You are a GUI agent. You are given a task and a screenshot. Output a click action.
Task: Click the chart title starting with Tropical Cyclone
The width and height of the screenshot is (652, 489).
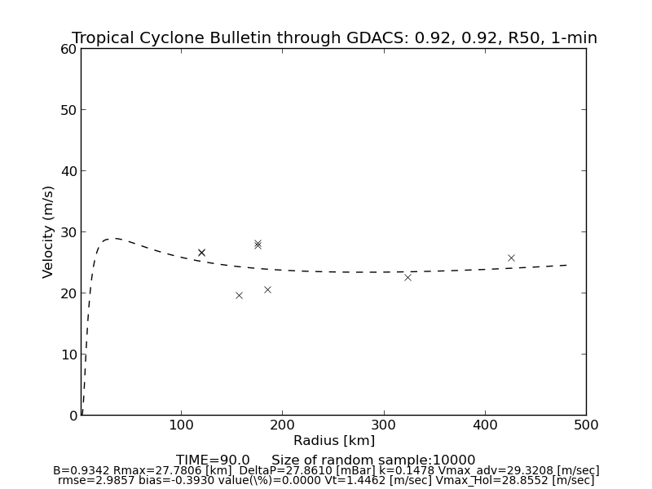(x=334, y=38)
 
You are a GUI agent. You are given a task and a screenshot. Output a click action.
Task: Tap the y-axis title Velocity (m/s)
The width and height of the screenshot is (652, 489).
(x=49, y=231)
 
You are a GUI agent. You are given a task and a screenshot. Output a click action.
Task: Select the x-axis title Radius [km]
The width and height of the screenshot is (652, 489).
(x=334, y=441)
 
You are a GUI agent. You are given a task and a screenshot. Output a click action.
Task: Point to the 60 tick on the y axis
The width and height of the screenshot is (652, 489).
(x=68, y=49)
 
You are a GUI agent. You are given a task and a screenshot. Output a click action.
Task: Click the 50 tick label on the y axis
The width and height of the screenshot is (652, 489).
(x=68, y=110)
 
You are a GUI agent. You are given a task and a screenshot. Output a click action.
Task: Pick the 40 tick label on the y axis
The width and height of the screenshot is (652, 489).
(x=68, y=171)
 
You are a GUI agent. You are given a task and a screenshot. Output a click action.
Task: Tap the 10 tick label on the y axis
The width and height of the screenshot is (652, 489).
(x=68, y=355)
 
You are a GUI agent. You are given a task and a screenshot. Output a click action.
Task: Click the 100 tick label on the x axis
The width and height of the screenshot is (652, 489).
(x=181, y=425)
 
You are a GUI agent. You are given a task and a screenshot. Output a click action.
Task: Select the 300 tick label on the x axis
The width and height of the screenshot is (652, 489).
(x=383, y=425)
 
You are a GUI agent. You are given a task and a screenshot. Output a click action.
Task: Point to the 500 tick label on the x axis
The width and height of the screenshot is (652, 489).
(x=585, y=425)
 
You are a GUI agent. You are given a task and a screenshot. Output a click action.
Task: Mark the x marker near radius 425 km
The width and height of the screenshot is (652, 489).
(x=511, y=258)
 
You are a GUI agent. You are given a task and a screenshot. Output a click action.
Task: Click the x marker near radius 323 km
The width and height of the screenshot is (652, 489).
(x=407, y=277)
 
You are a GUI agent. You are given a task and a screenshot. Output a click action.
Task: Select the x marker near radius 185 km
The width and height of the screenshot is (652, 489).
(x=267, y=289)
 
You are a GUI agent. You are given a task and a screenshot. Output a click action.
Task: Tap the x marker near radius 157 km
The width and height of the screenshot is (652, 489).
(x=239, y=295)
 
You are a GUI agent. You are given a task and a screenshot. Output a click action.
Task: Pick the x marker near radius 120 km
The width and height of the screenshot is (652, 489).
(x=201, y=253)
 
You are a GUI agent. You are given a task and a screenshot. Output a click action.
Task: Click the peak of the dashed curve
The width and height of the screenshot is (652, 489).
(x=115, y=238)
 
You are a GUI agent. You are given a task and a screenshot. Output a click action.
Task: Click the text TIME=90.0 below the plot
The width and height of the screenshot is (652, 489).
(x=213, y=460)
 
